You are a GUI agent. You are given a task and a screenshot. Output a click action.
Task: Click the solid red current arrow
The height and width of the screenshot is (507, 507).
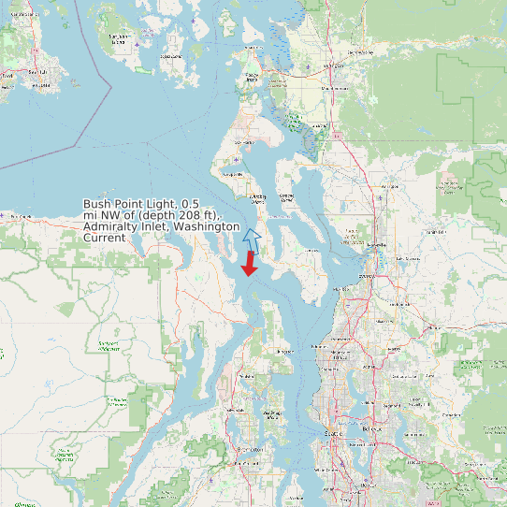tap(249, 265)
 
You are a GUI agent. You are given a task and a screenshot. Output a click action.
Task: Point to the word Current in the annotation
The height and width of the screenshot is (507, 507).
tap(104, 238)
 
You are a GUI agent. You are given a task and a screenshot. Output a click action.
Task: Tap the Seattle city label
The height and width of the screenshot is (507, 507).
tap(332, 434)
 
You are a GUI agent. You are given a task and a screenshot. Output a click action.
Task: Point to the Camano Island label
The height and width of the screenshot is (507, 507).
tap(287, 196)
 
